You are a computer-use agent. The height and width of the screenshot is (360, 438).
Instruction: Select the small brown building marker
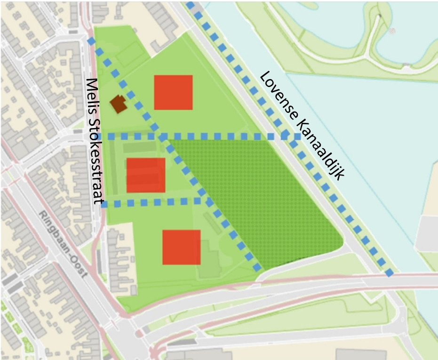[119, 104]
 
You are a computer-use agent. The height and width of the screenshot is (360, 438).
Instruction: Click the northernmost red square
[174, 92]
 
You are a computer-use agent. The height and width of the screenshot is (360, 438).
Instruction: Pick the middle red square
[146, 175]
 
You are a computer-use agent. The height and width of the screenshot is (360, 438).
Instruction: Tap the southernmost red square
[182, 247]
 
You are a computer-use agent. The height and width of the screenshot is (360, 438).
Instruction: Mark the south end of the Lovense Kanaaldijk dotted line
[390, 273]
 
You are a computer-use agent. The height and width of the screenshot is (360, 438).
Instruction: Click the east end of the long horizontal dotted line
[298, 136]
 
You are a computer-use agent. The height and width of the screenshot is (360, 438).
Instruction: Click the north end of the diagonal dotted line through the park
[91, 41]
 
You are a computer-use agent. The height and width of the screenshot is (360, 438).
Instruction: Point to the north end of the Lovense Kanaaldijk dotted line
[190, 5]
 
